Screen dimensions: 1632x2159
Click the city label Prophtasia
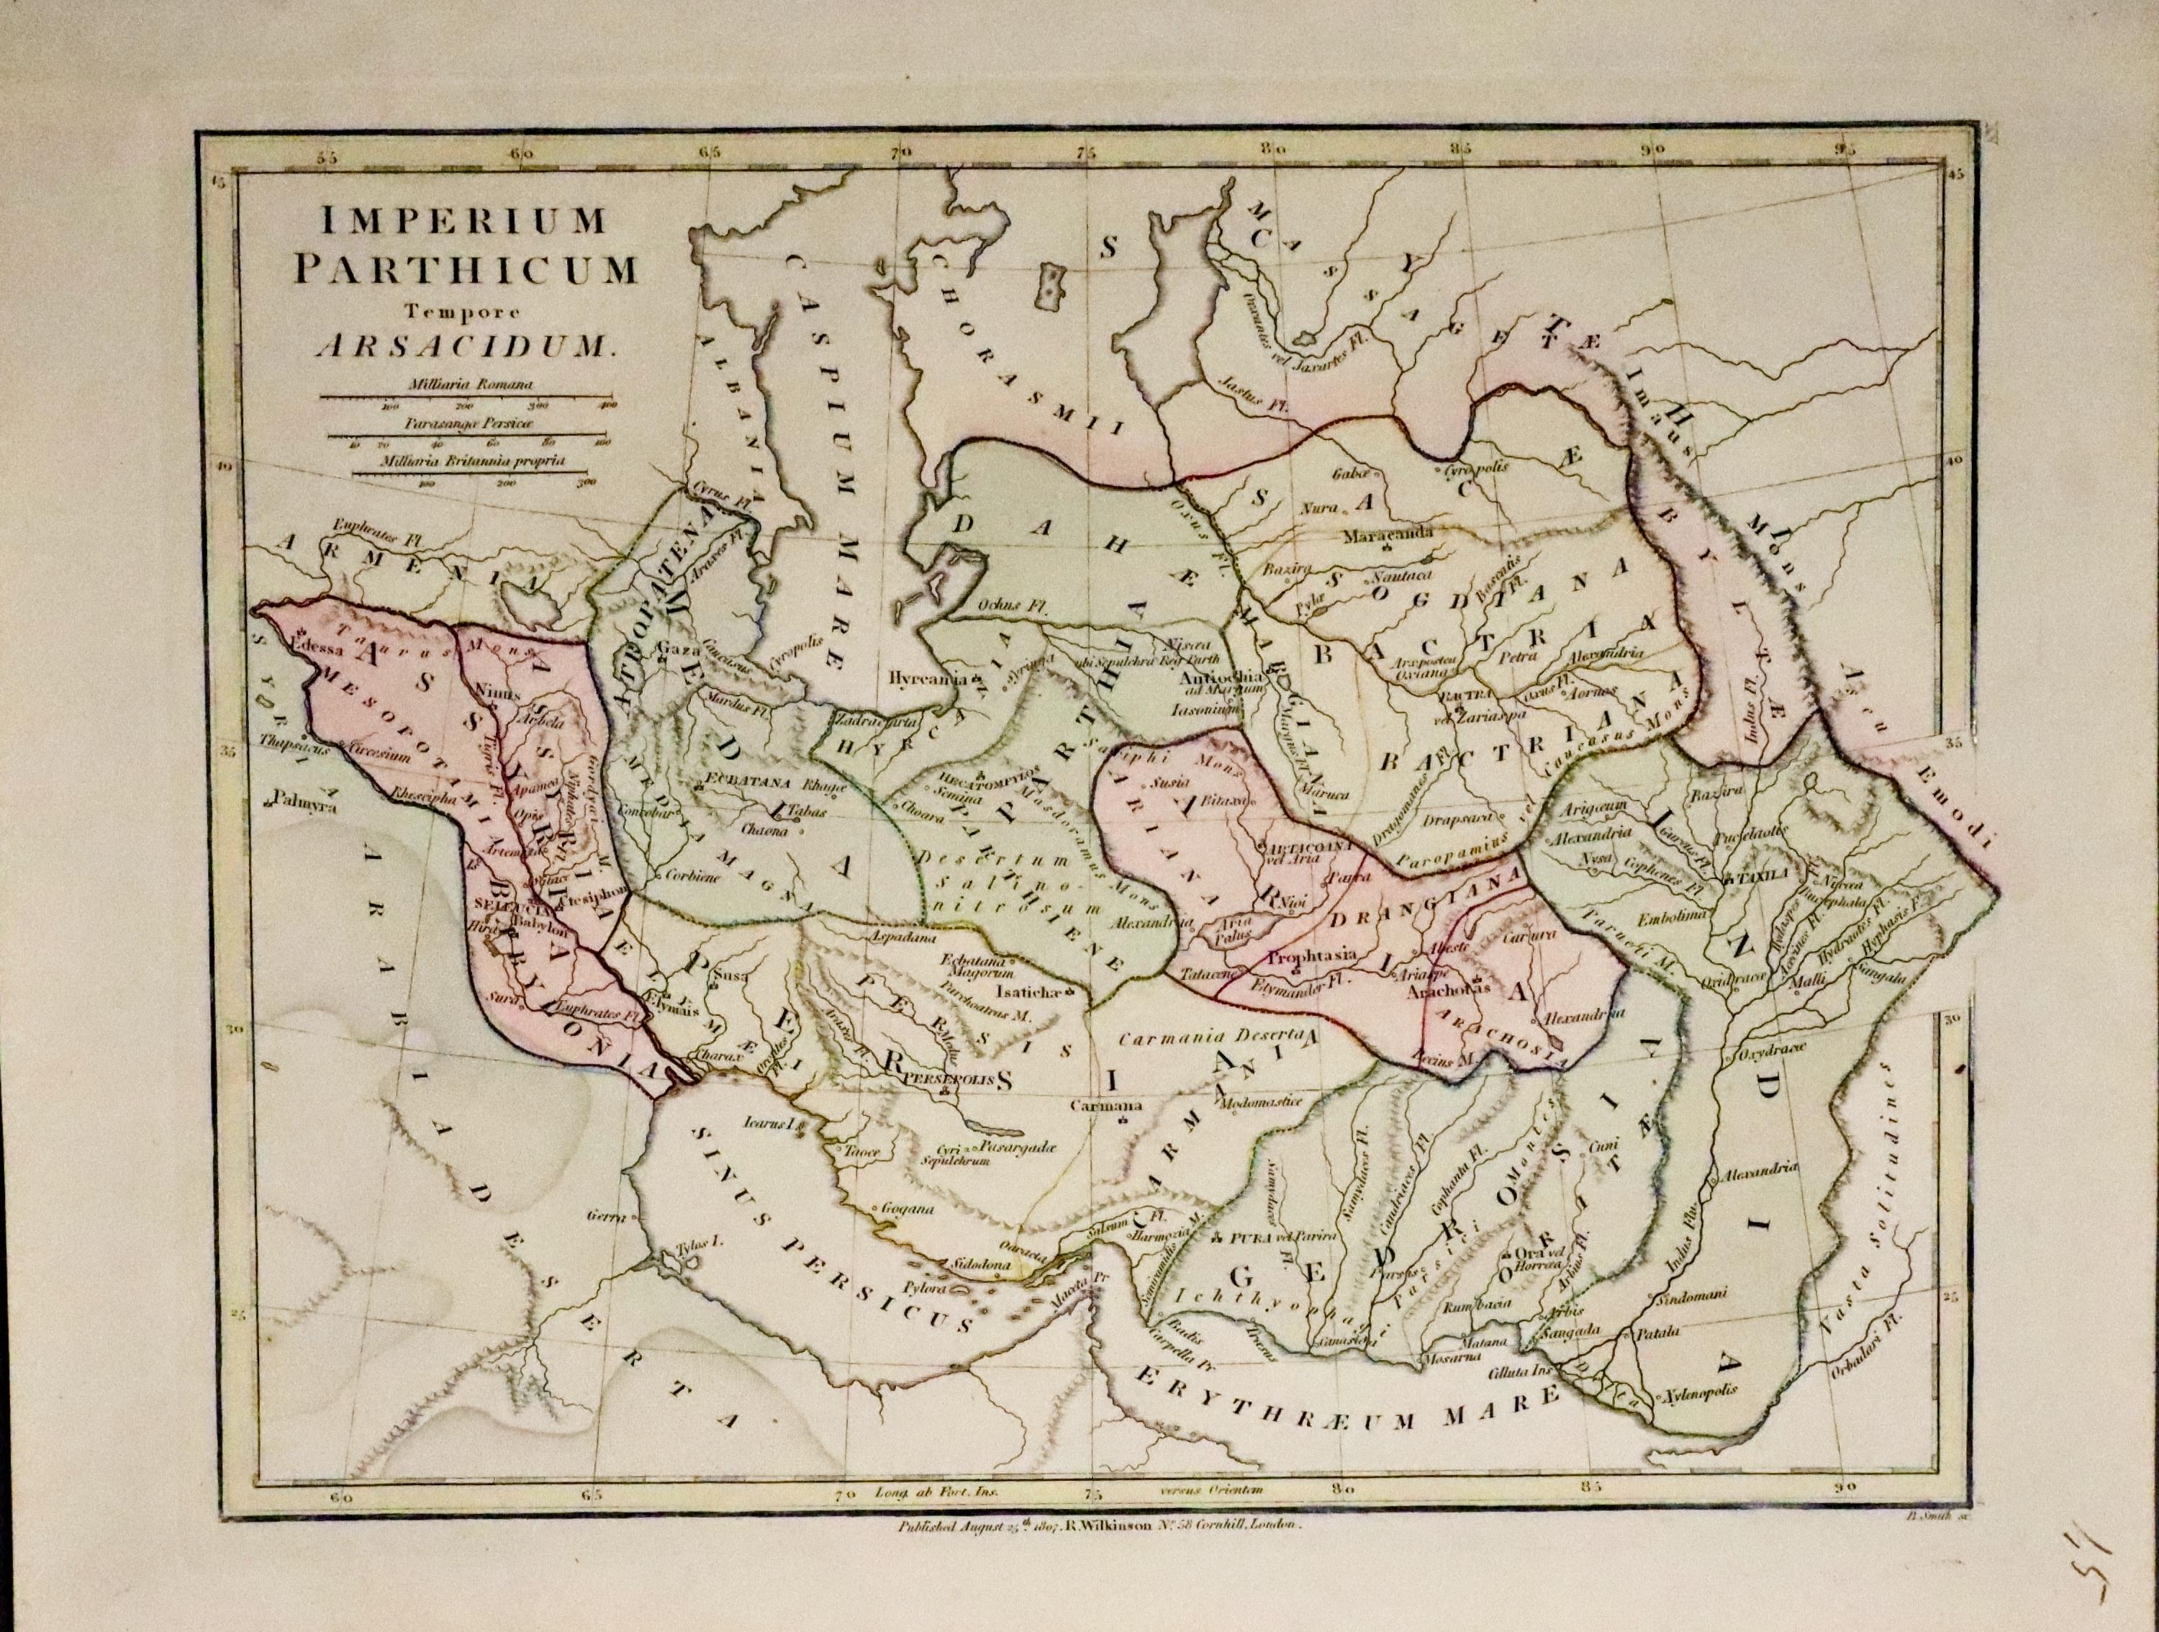[1307, 957]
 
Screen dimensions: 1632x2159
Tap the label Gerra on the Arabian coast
[605, 1216]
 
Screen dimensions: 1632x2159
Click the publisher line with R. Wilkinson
[1100, 1528]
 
